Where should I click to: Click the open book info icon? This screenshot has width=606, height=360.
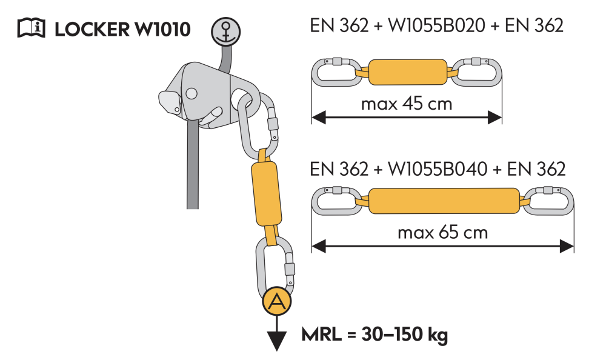coord(32,28)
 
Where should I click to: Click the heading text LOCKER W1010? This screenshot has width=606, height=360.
coord(122,29)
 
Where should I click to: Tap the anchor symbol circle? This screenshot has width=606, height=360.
coord(225,32)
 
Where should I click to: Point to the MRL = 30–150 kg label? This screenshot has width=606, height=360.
coord(375,335)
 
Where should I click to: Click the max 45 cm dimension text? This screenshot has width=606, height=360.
coord(406,104)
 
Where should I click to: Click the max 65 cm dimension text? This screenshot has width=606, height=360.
coord(442,232)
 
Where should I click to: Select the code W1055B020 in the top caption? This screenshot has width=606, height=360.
coord(436,25)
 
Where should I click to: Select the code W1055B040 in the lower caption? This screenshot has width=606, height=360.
coord(437,169)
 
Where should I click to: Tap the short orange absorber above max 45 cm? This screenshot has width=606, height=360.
coord(408,72)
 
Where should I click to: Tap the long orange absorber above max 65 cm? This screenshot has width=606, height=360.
coord(444,201)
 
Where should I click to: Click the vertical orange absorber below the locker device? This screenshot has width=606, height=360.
coord(266,193)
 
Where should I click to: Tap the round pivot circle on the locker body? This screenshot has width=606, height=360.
coord(191,93)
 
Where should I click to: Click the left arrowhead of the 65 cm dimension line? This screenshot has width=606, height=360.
coord(319,246)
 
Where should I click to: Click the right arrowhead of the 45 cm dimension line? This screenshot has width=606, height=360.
coord(494,117)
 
